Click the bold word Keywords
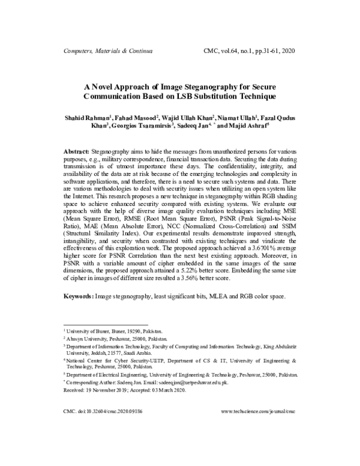coord(79,297)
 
